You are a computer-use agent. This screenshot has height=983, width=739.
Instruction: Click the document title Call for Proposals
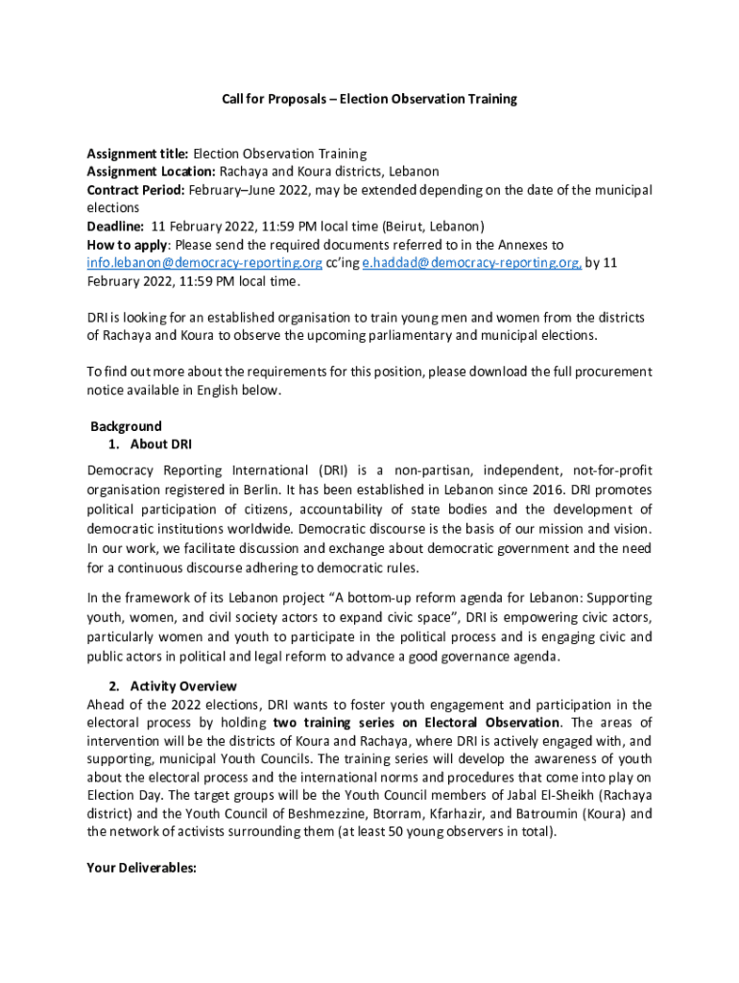tap(369, 98)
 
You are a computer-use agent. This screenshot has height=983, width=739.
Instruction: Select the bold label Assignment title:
tap(138, 154)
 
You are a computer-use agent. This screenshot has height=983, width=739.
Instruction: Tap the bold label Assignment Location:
tap(152, 172)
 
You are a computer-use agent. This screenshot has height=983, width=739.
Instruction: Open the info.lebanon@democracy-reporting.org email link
tap(204, 263)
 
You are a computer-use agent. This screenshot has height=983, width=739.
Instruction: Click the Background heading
tap(126, 426)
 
